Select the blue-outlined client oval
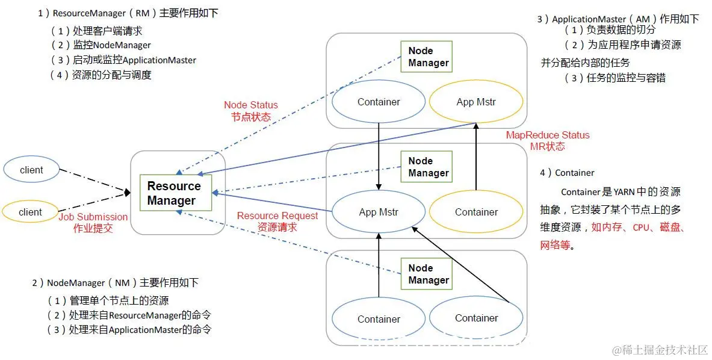point(31,170)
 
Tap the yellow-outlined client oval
point(30,212)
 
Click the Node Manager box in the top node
point(428,57)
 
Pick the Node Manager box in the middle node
point(428,167)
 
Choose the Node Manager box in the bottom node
point(428,274)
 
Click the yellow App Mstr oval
point(476,102)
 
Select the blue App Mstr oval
point(379,212)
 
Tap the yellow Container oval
point(476,212)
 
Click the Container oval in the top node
point(379,102)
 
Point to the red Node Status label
point(251,111)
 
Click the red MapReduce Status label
point(548,140)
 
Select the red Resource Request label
point(277,221)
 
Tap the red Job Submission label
point(93,222)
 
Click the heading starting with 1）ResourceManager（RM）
point(128,13)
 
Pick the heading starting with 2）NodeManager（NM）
point(115,282)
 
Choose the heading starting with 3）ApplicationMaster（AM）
point(618,19)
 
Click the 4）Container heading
point(567,173)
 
